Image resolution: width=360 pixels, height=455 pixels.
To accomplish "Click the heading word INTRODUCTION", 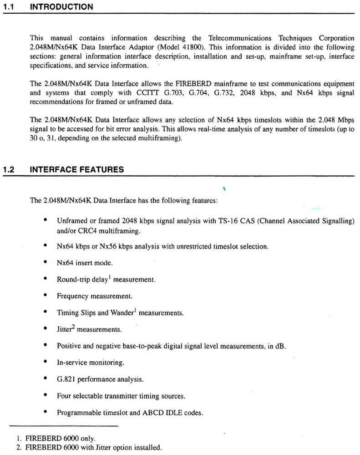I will [x=61, y=7].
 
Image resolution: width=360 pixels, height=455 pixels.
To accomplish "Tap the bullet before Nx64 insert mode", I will [x=46, y=262].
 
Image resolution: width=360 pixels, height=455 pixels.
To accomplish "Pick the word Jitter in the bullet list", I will [x=66, y=329].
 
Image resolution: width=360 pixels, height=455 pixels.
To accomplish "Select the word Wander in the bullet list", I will [x=122, y=313].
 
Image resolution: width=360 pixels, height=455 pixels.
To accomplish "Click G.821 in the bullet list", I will [x=66, y=379].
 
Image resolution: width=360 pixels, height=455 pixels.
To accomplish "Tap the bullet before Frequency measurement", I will [x=46, y=295].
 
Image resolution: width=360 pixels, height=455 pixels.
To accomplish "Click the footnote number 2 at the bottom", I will [x=19, y=447].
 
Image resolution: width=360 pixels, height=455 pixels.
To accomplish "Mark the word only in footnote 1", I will [x=87, y=438].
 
